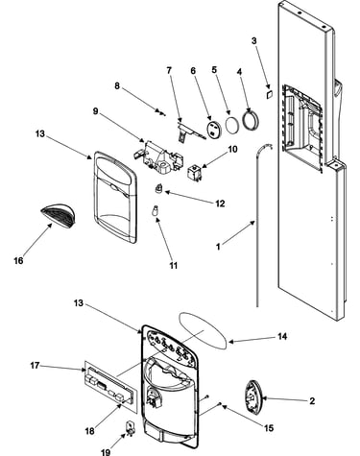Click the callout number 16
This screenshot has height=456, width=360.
click(x=18, y=260)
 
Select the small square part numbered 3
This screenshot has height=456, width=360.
click(x=269, y=93)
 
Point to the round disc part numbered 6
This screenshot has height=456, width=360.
click(x=214, y=129)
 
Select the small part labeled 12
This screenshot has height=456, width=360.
click(x=159, y=189)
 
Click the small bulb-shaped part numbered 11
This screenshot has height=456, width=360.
click(x=156, y=211)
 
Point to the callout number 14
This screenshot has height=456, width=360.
click(x=282, y=337)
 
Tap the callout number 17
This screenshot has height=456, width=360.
click(x=35, y=365)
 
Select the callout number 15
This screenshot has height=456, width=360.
click(x=269, y=428)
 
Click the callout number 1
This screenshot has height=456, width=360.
click(x=218, y=247)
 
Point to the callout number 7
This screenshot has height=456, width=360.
click(x=169, y=70)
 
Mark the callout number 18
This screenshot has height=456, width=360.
click(x=89, y=431)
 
